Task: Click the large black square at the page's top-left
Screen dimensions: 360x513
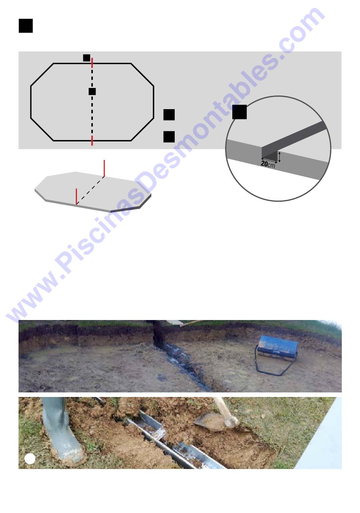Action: coord(26,26)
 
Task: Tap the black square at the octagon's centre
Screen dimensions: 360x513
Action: coord(92,91)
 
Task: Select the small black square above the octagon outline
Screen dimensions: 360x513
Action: coord(86,58)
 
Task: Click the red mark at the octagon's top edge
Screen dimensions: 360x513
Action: coord(92,63)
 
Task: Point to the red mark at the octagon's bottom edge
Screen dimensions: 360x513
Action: coord(92,140)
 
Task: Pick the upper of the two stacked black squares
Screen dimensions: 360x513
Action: coord(169,115)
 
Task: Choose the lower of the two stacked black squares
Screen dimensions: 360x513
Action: coord(169,137)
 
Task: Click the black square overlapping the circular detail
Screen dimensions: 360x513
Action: coord(239,112)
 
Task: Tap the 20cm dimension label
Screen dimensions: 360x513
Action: coord(268,164)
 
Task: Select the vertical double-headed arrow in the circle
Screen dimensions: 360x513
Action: coord(279,157)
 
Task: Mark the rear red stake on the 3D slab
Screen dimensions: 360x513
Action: coord(104,168)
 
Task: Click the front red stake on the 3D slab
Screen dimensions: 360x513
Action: coord(76,196)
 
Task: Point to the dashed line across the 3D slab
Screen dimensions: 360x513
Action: coord(91,190)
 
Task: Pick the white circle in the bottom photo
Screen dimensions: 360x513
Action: coord(30,459)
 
